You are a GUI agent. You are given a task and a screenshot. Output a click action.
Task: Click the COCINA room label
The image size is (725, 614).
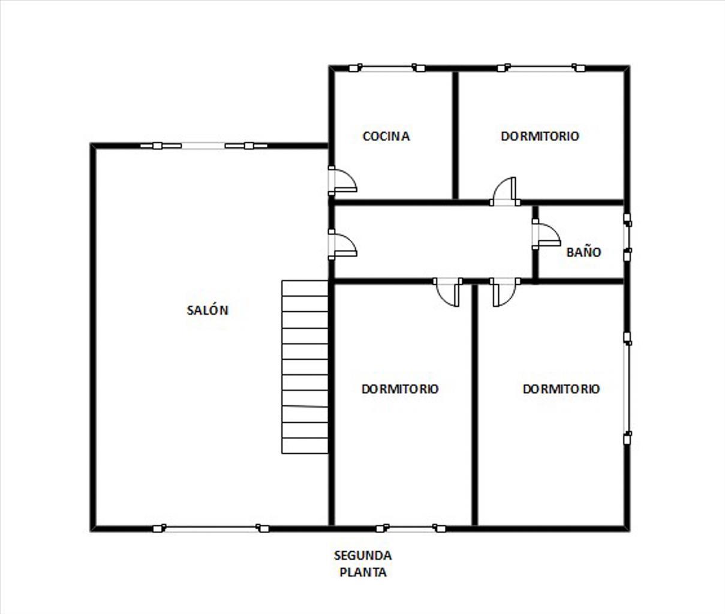386,136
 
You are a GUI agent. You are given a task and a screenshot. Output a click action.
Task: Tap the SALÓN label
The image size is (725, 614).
207,310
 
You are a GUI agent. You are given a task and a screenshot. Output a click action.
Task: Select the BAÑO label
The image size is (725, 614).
583,252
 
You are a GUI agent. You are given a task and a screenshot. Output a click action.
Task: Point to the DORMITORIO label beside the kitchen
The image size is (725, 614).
540,136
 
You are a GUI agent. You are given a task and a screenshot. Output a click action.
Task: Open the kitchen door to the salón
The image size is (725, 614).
342,180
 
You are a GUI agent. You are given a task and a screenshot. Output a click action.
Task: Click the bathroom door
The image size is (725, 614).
546,234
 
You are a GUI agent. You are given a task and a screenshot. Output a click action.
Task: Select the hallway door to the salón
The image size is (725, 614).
342,245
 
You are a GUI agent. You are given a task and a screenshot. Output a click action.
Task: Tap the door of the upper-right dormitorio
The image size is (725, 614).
505,191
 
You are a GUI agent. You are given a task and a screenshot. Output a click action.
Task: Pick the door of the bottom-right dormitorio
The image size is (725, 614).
505,292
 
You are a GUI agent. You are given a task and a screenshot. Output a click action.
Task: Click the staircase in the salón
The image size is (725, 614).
305,367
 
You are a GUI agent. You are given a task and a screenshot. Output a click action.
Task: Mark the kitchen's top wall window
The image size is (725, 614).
387,68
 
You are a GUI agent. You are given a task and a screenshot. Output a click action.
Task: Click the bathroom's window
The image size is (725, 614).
627,237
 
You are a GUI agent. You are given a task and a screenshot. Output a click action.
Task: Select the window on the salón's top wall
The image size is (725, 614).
203,146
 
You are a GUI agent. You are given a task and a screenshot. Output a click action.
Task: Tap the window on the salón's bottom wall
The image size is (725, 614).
211,528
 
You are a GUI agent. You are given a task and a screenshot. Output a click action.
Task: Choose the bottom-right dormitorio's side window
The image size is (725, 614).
627,389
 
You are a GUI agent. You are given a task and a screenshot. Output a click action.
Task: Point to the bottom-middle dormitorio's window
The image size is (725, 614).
411,528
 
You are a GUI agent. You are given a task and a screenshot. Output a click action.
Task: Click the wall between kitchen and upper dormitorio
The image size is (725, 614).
455,136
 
